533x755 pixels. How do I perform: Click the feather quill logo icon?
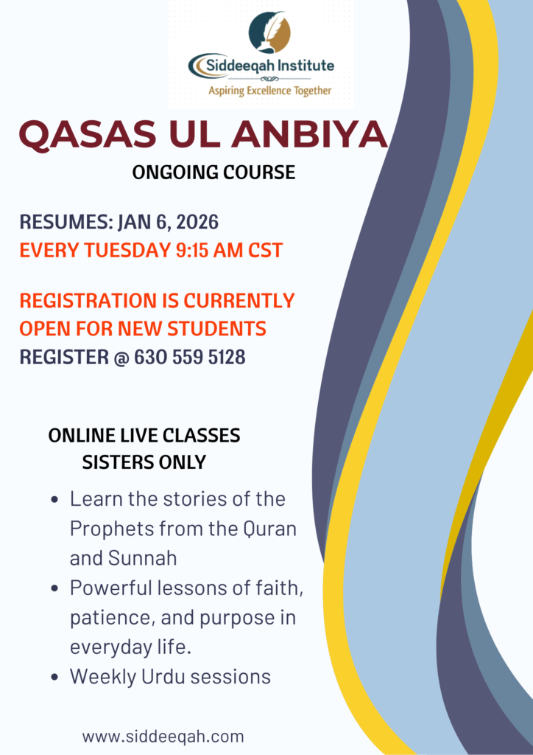269,32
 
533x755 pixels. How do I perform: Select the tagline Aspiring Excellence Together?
269,90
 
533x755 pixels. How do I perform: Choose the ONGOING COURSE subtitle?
214,173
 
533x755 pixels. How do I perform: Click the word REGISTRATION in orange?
85,300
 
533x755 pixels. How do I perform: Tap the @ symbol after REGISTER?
121,358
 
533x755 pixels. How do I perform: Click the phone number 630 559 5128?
189,358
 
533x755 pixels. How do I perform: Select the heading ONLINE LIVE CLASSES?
144,435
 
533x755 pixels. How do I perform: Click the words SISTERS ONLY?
144,462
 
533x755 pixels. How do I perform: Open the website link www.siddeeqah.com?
163,737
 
